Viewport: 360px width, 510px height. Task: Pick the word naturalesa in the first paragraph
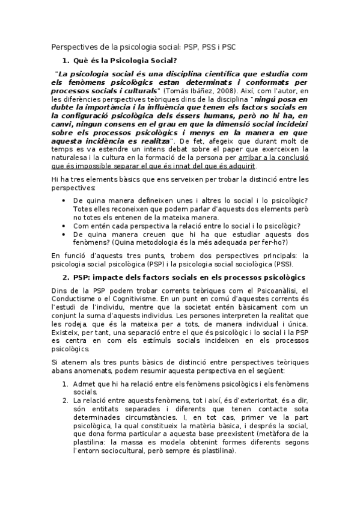click(x=69, y=156)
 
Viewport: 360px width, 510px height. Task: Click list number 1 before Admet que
click(x=65, y=383)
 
